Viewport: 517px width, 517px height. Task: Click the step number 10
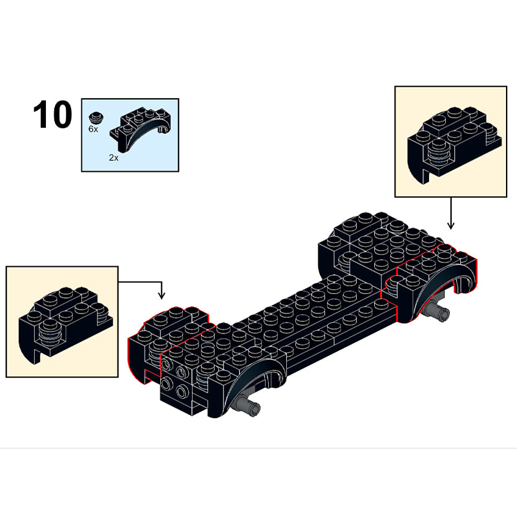click(52, 114)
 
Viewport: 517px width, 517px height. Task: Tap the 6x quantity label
click(93, 129)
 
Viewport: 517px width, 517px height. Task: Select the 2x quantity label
click(114, 158)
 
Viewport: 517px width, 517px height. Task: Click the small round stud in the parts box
click(96, 117)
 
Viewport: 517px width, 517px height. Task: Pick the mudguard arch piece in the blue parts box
click(140, 129)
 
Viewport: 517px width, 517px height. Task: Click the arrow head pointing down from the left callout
click(161, 296)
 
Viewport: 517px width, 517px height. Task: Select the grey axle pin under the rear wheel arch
click(436, 310)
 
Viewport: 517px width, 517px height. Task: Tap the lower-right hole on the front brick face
click(182, 392)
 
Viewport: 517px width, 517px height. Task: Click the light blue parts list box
click(131, 135)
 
